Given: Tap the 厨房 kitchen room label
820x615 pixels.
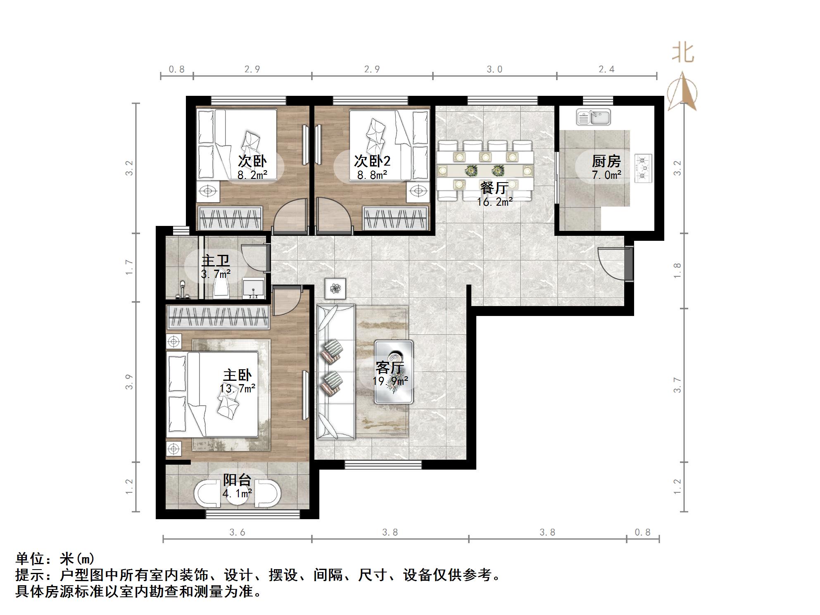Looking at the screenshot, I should [606, 161].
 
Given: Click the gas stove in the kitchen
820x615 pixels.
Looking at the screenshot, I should [643, 168].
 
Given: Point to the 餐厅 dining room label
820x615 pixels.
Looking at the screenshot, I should [494, 188].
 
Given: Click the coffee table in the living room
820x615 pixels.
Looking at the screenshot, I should [394, 371].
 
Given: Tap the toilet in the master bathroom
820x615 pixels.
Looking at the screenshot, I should [222, 286].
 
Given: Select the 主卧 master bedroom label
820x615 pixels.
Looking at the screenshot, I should [237, 375].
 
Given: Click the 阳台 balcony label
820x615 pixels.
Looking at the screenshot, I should [237, 480].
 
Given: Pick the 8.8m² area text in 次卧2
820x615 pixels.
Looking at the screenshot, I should [372, 175].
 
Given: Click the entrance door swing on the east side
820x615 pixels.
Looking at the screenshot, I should [611, 264].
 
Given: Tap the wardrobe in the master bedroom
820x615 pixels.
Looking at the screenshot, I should [218, 317].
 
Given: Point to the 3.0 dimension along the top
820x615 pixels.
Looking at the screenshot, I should [494, 69].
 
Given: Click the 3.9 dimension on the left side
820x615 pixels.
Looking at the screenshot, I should [130, 382].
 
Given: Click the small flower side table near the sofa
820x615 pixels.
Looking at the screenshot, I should [335, 288].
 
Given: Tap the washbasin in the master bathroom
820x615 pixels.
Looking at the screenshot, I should [253, 288].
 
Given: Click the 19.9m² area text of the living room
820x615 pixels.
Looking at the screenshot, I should [390, 381].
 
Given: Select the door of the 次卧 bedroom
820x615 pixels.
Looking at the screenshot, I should [290, 215].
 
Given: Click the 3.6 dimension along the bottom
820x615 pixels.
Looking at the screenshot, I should [237, 532].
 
